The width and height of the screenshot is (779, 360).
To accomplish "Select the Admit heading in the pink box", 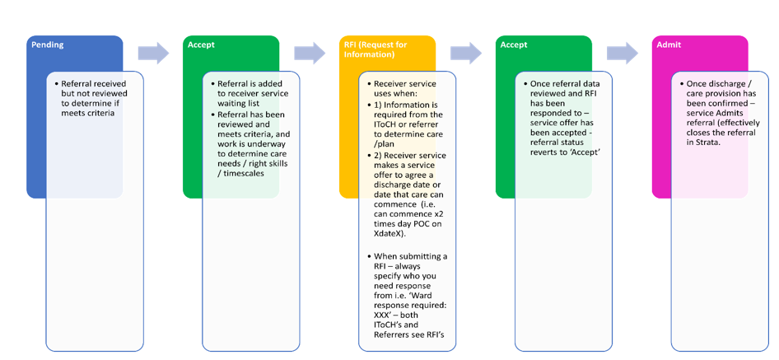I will [669, 45].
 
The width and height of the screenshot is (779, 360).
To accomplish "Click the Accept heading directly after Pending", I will [201, 45].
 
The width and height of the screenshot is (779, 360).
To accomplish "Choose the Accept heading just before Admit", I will [514, 45].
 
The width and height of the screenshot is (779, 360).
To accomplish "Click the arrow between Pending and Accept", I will [153, 54].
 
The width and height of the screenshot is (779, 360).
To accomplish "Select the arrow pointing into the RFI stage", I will [310, 54].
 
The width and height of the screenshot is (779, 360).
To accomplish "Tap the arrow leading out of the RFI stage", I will [466, 54].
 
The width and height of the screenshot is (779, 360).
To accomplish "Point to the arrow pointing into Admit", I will [623, 54].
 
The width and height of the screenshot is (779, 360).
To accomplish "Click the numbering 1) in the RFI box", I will [379, 105].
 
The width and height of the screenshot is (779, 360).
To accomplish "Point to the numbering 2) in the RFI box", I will [379, 155].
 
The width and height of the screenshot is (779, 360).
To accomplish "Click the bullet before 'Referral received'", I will [55, 84].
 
